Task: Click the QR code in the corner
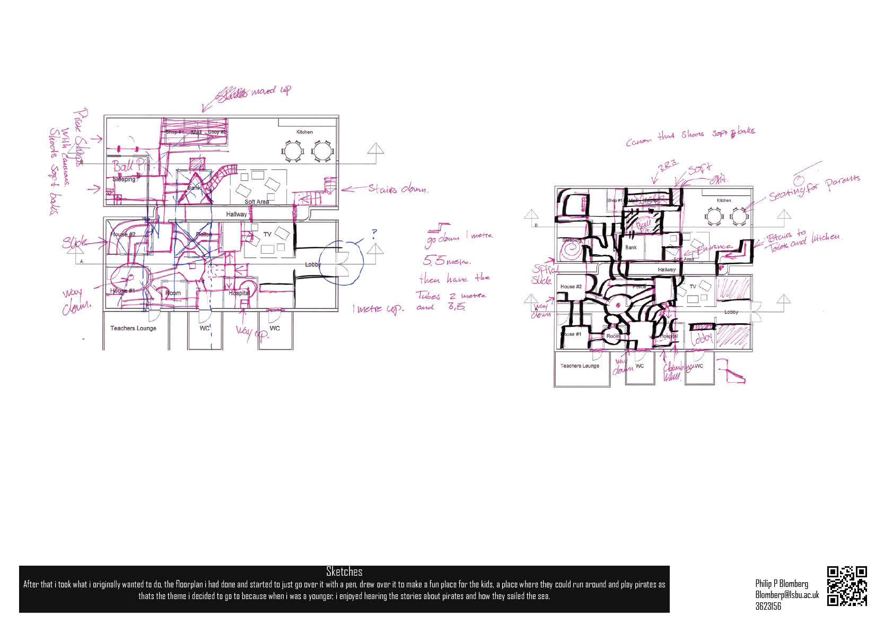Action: point(847,586)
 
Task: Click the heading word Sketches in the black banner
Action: point(344,572)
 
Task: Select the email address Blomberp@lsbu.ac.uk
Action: point(787,595)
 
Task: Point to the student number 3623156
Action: point(768,606)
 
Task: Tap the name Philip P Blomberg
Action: point(782,584)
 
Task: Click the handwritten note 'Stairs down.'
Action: point(398,188)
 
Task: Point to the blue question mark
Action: point(374,233)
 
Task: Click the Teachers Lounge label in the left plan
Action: point(133,328)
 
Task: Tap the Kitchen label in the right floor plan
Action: point(723,201)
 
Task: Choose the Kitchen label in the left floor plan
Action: point(304,132)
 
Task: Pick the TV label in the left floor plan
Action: point(267,234)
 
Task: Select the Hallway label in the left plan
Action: point(237,214)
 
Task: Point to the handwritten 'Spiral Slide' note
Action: point(543,275)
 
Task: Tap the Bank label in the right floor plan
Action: point(631,247)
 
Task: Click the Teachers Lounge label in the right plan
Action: point(580,366)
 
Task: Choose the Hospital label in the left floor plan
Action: point(239,293)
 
